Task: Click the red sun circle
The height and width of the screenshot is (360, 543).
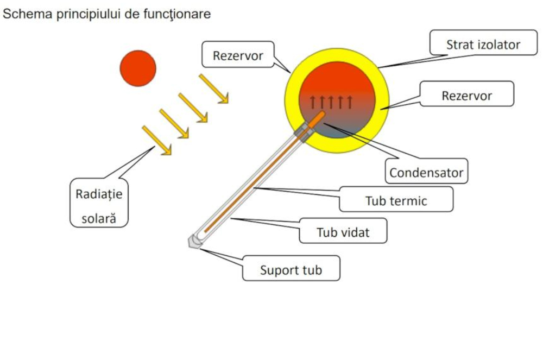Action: tap(138, 68)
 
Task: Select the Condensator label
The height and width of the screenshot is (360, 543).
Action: tap(426, 173)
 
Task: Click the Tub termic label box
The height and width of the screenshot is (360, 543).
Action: tap(396, 200)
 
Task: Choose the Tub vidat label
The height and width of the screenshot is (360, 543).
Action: tap(343, 232)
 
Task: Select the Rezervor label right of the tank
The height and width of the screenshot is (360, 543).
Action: tap(466, 96)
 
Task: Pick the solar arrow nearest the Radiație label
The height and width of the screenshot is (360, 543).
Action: tap(156, 141)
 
